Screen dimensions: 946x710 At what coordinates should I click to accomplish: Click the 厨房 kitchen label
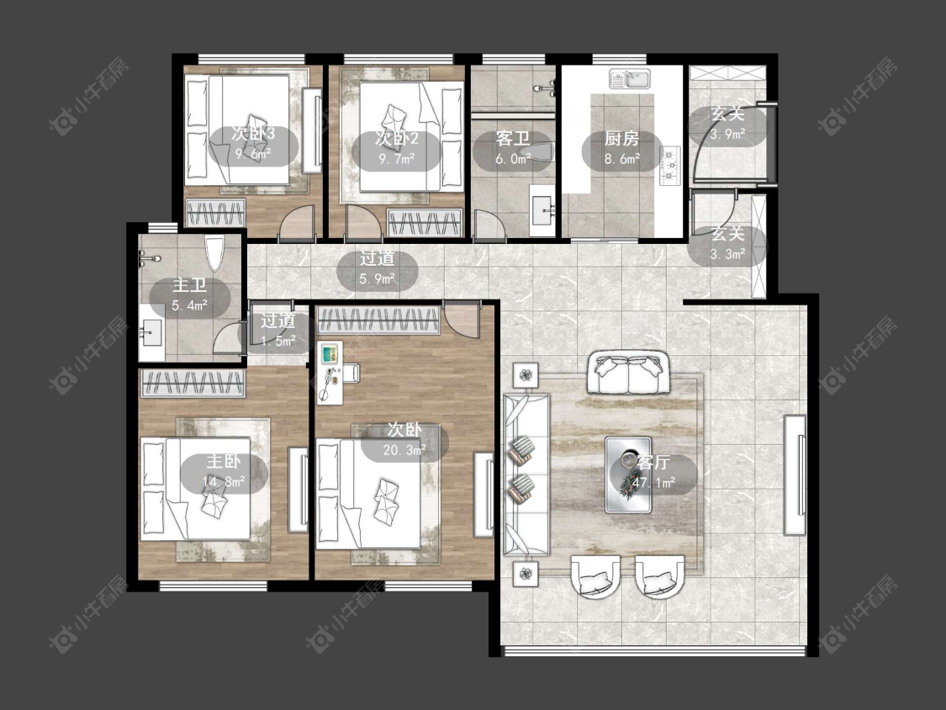pyautogui.click(x=622, y=139)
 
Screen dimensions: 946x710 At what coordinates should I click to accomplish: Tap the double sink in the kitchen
pyautogui.click(x=629, y=79)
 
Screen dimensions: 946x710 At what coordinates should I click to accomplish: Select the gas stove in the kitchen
pyautogui.click(x=670, y=166)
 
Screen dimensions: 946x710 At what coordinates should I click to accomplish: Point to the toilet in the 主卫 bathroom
pyautogui.click(x=214, y=252)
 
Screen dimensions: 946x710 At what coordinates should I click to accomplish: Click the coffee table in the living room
pyautogui.click(x=629, y=474)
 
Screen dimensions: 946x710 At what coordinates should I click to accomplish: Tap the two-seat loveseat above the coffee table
pyautogui.click(x=628, y=374)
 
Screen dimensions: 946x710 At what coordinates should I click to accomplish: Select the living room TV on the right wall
pyautogui.click(x=795, y=474)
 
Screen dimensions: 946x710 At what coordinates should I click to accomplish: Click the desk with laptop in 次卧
pyautogui.click(x=330, y=373)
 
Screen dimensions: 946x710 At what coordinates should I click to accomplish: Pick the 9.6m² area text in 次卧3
pyautogui.click(x=253, y=156)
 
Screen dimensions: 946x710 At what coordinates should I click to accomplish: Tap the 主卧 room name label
pyautogui.click(x=224, y=462)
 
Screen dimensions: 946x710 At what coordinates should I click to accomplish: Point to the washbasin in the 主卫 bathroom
pyautogui.click(x=151, y=332)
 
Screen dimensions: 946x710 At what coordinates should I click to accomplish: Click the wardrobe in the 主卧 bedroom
pyautogui.click(x=193, y=383)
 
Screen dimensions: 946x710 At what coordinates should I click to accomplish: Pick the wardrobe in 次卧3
pyautogui.click(x=215, y=213)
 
